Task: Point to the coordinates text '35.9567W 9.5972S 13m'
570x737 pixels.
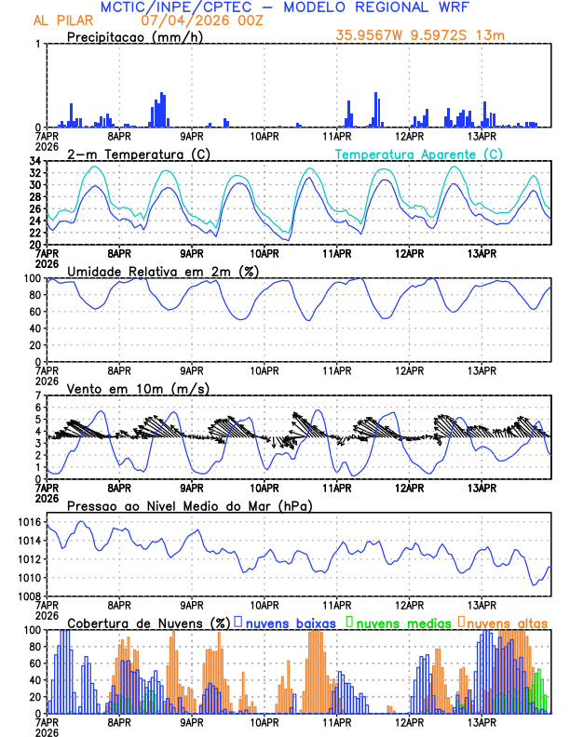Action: (420, 36)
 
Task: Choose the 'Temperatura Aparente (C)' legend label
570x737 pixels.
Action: (418, 154)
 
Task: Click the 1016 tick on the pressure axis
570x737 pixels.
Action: (28, 523)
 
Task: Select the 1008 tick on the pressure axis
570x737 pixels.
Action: (28, 596)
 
